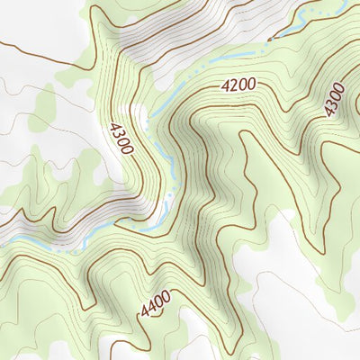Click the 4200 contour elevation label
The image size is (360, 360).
pyautogui.click(x=239, y=85)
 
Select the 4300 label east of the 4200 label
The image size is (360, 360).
pyautogui.click(x=335, y=99)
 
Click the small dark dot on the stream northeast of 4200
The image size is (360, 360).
pyautogui.click(x=268, y=40)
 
